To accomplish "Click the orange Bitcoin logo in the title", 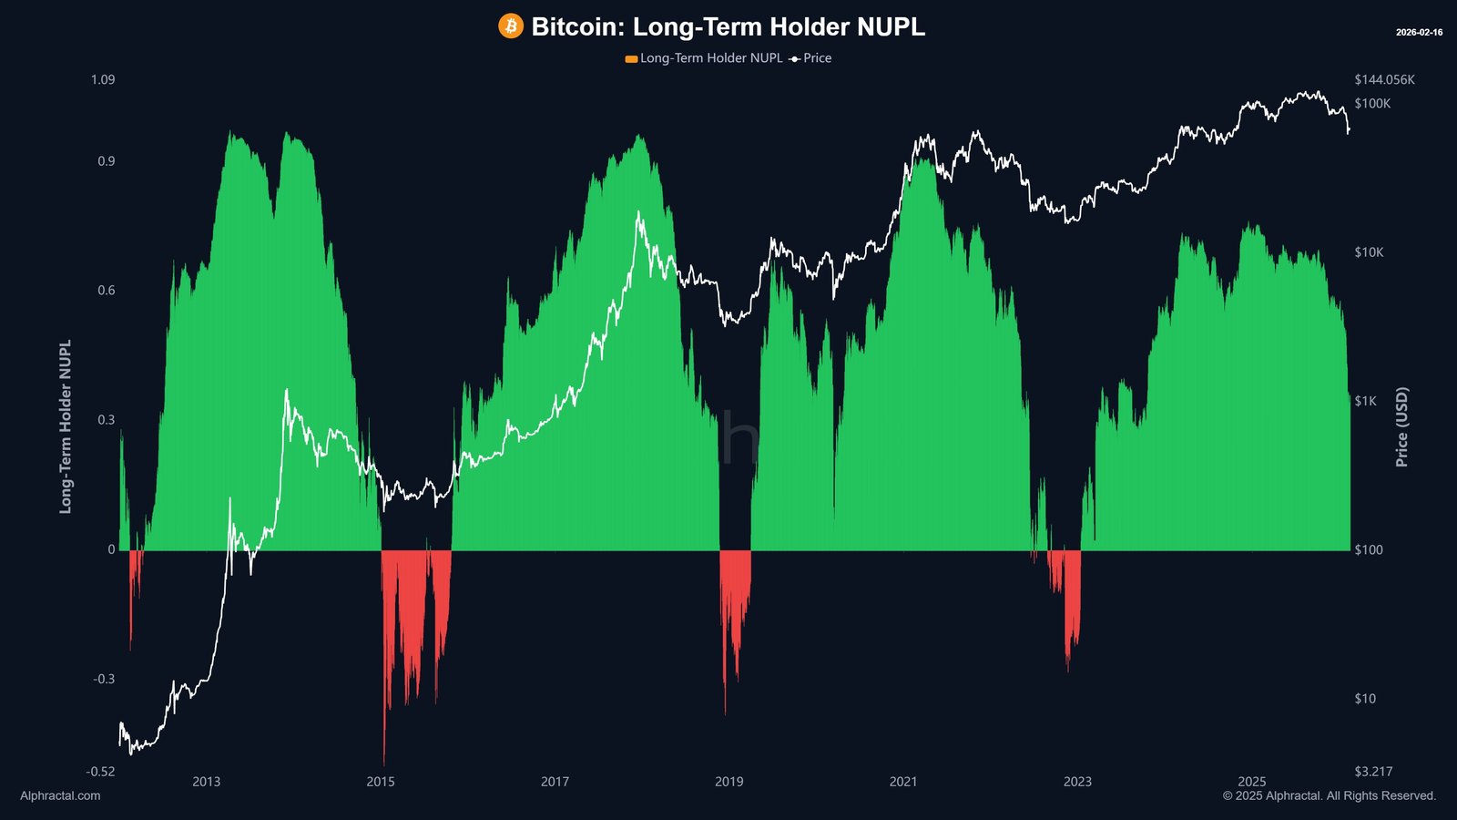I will tap(511, 26).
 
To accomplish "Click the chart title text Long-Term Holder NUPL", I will tap(728, 26).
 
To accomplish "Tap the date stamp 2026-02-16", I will tap(1419, 33).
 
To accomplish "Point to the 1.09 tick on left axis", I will tap(103, 80).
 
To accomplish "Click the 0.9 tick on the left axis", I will tap(106, 162).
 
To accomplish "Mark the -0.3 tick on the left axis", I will tap(104, 679).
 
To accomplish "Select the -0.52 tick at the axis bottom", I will tap(100, 772).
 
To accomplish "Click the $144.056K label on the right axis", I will tap(1384, 80).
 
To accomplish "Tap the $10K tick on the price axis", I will tap(1369, 252).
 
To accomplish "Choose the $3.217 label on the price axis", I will tap(1373, 772).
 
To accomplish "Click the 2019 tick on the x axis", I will tap(728, 782).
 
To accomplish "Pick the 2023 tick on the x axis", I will tap(1077, 782).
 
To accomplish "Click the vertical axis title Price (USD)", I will tap(1402, 426).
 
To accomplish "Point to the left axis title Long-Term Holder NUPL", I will tap(66, 426).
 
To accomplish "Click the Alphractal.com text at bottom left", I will tap(60, 796).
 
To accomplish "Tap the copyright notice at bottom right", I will tap(1329, 796).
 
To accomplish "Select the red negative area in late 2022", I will tap(1071, 610).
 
